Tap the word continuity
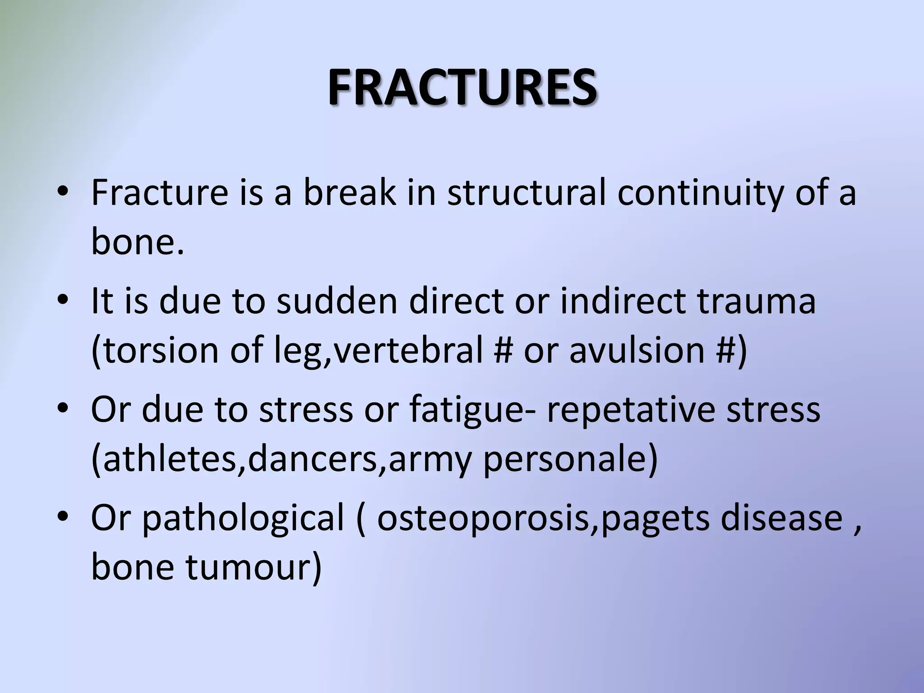pyautogui.click(x=700, y=193)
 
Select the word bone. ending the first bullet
pyautogui.click(x=138, y=241)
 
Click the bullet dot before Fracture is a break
pyautogui.click(x=63, y=193)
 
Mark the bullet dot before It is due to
pyautogui.click(x=63, y=301)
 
